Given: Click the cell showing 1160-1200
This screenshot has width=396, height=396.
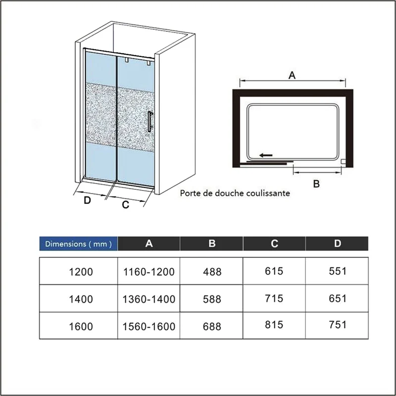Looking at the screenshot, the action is click(149, 272).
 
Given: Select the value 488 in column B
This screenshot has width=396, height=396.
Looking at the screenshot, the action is click(212, 272).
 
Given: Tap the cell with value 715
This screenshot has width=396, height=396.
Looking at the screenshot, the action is click(274, 298).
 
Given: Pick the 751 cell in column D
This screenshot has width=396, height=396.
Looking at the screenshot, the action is click(338, 325).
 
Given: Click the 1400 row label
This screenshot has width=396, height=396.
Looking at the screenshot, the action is click(81, 299).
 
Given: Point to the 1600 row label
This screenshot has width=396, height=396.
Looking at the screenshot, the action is click(81, 326).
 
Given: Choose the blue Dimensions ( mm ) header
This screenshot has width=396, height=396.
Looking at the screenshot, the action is click(78, 244).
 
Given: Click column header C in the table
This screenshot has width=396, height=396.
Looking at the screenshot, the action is click(274, 244).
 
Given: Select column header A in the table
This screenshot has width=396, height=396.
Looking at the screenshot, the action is click(149, 244).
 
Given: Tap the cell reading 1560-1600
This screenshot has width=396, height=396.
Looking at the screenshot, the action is click(149, 326).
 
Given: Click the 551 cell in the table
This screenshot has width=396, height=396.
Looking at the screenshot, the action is click(338, 271).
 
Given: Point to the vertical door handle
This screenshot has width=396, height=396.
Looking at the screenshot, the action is click(149, 122).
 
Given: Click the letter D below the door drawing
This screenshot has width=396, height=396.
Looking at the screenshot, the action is click(87, 200).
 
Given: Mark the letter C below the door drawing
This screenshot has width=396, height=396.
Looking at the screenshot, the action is click(126, 204).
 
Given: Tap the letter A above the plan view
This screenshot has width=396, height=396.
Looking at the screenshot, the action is click(292, 75).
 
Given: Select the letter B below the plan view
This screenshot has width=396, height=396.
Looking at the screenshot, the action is click(316, 184).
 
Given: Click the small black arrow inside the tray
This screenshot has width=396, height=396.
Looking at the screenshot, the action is click(266, 155).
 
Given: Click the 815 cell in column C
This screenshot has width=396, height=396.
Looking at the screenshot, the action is click(274, 325).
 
